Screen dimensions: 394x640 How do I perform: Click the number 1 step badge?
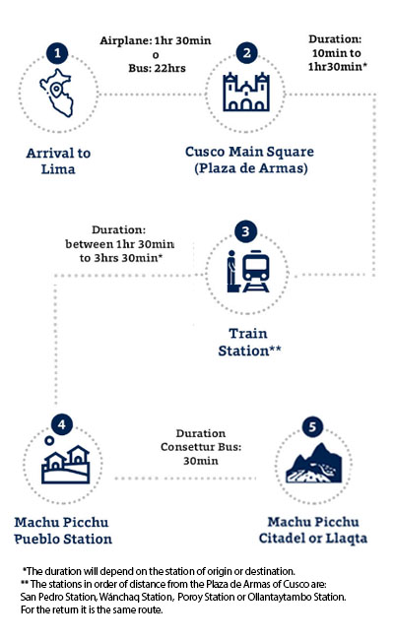coord(57,53)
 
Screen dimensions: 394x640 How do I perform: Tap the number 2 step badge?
coord(246,53)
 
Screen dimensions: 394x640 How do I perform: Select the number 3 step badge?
coord(245,231)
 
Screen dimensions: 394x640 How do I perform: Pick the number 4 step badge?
coord(62,424)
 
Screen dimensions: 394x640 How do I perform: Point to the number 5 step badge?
coord(312,427)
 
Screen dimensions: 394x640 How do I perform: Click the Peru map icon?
coord(57,93)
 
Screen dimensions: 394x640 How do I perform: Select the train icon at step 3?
coord(256,271)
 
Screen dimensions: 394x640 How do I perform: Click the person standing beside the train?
coord(232,271)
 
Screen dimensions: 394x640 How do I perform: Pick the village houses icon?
coord(66,465)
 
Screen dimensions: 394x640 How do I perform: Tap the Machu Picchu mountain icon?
coord(313,463)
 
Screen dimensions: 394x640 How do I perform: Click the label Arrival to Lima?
coord(58,160)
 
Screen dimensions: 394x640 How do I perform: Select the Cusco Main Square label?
coord(249,160)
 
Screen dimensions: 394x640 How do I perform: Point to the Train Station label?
coord(249,342)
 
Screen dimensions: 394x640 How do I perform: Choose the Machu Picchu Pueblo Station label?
coord(62,531)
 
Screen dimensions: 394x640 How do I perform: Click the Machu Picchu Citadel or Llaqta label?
coord(313,530)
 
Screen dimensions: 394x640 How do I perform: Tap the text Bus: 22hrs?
coord(157,68)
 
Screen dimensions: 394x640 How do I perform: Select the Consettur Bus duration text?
coord(201,447)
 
